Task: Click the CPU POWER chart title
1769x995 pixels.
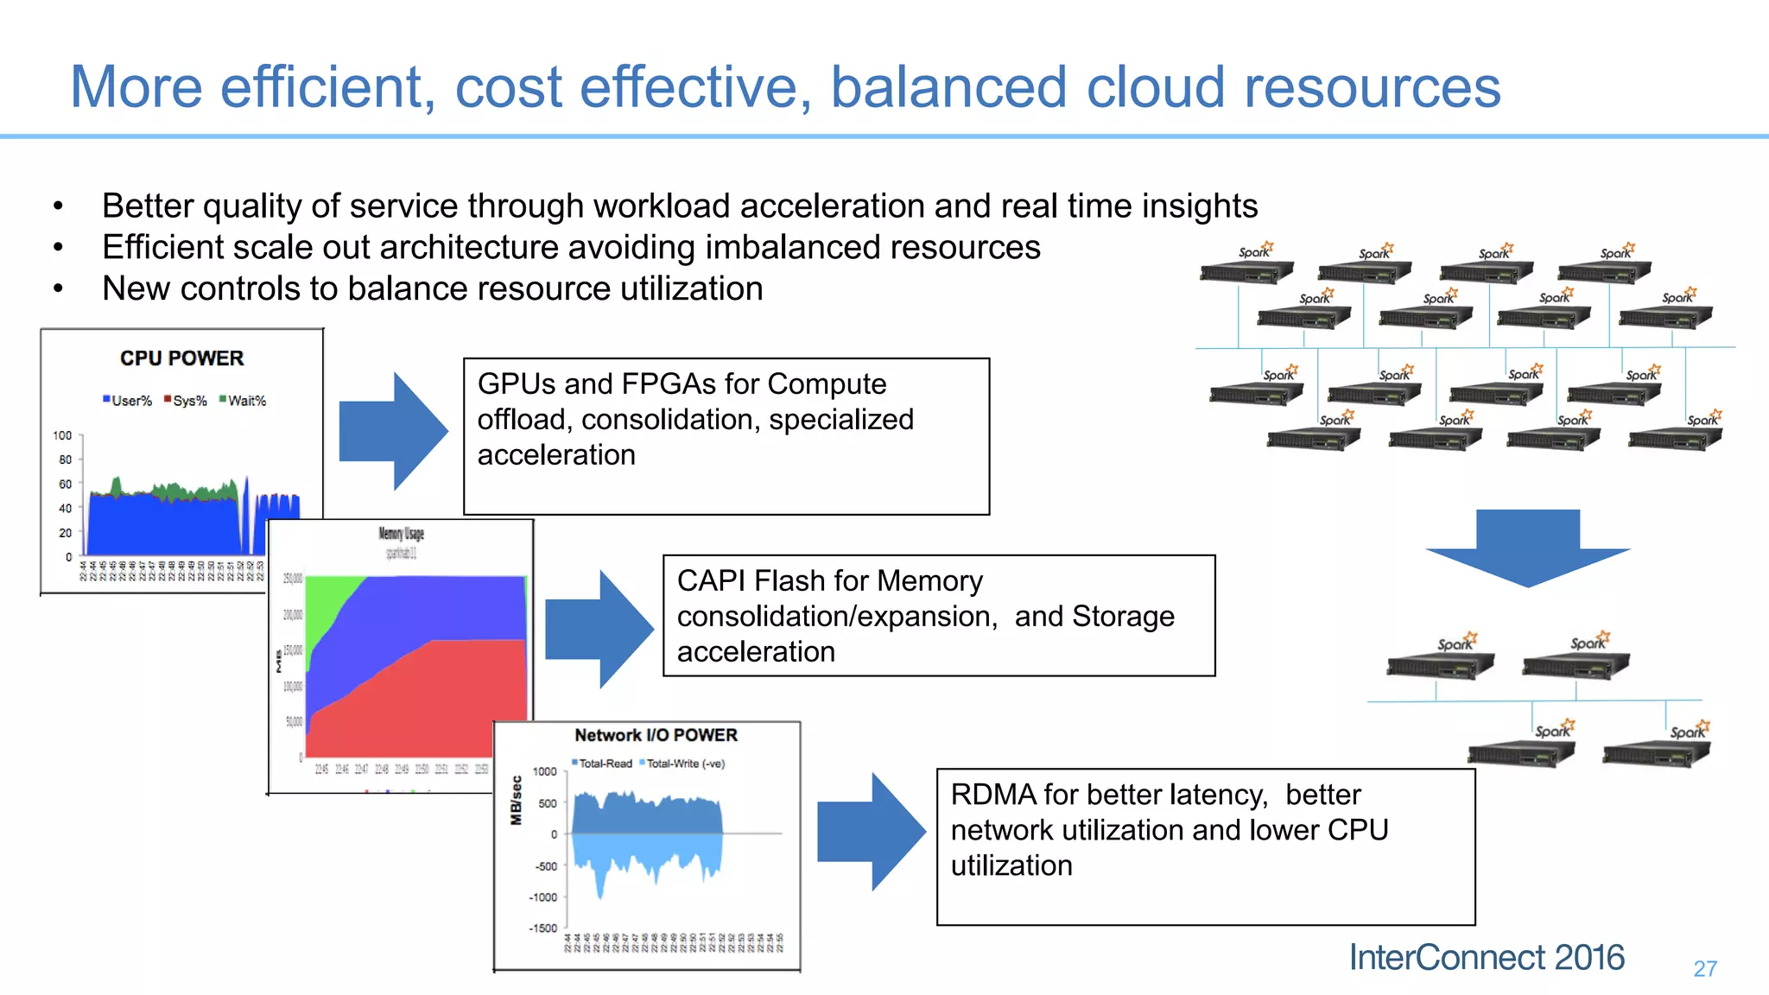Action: point(181,358)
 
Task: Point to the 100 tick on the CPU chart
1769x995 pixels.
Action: point(63,435)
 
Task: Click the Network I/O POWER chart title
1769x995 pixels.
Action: point(656,735)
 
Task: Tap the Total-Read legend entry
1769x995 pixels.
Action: point(602,764)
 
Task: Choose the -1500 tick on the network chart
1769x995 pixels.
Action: point(543,928)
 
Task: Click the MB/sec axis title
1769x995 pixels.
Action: point(517,801)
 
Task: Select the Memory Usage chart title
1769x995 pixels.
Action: point(401,534)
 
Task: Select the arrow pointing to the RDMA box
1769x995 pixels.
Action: point(870,831)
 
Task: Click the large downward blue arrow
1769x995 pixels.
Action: point(1527,549)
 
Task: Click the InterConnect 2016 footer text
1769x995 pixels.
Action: point(1486,958)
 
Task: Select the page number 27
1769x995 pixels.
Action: point(1704,969)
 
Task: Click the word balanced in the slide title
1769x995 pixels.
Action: point(948,87)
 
